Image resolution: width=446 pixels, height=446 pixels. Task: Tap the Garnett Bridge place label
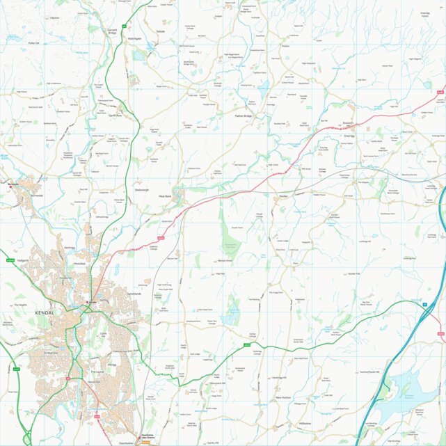click(112, 31)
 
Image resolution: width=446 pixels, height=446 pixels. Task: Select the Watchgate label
click(134, 38)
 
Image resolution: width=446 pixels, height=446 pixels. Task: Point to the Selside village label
click(161, 31)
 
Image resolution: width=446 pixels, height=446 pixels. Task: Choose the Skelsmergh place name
click(142, 189)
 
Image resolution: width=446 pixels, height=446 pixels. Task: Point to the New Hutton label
click(282, 397)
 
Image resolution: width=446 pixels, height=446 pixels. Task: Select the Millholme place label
click(305, 423)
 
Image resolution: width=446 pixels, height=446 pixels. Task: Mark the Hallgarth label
click(28, 260)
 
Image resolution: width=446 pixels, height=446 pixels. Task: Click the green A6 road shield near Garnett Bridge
click(123, 26)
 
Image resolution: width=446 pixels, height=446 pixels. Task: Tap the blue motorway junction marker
click(423, 304)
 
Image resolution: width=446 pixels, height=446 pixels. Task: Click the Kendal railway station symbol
click(88, 302)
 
